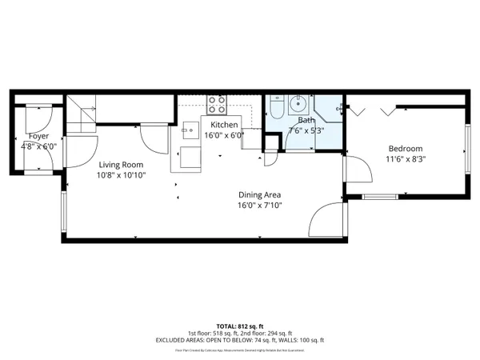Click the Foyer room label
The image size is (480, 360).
pos(38,136)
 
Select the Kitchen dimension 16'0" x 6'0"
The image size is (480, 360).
pos(224,136)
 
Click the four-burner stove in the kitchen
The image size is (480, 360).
pos(216,104)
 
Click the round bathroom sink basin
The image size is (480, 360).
pos(298,103)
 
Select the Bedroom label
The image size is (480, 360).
pos(406,149)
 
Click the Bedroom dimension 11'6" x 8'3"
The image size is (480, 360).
pos(406,159)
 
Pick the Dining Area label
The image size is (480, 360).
pos(260,194)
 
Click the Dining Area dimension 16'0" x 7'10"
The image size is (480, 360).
pos(260,205)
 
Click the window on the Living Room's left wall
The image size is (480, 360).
pos(63,210)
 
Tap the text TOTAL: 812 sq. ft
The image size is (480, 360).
pos(239,326)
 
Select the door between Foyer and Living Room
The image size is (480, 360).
pos(59,152)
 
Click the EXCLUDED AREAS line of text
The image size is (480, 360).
pos(239,340)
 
